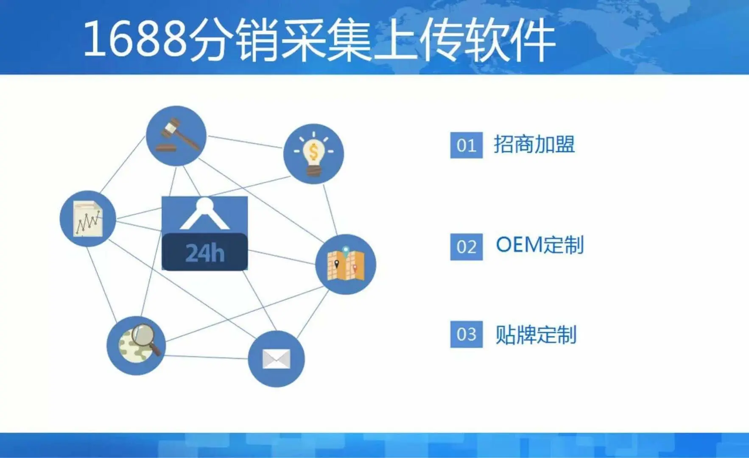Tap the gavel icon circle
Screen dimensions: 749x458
pos(176,136)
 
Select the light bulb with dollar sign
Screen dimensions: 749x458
pos(313,154)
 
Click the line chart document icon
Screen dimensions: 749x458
pos(88,218)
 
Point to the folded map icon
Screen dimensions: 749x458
pos(346,264)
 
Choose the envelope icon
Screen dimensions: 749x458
pos(276,359)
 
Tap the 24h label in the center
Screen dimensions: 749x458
pos(205,253)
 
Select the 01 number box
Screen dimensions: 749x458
pos(467,145)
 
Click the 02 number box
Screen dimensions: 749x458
pos(467,247)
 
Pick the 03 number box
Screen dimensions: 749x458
pos(467,335)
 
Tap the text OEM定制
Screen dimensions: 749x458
pos(540,245)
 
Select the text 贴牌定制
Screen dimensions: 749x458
pos(536,335)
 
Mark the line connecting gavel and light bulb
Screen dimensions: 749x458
pos(245,142)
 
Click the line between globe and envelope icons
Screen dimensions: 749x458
pos(207,357)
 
